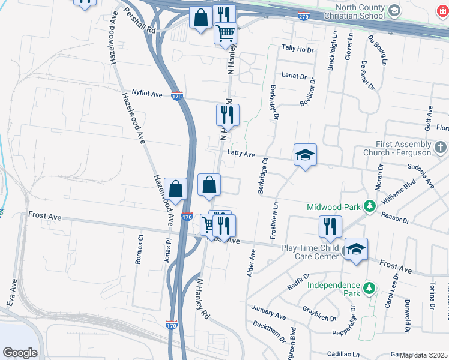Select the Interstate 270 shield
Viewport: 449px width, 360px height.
[x=303, y=16]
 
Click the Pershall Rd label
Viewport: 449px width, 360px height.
[x=140, y=20]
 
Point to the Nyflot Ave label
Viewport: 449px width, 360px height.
[x=148, y=94]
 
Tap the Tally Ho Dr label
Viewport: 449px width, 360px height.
[x=298, y=49]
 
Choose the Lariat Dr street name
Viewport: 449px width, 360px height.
[x=295, y=77]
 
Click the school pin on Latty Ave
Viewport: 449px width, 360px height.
[x=305, y=155]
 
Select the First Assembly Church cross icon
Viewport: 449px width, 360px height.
[x=439, y=147]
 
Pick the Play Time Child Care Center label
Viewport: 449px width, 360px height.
[x=310, y=252]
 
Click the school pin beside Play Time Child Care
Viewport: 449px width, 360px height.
[x=356, y=249]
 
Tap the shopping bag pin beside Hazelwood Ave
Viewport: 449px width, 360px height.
[x=176, y=190]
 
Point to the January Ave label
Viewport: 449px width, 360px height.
[x=268, y=313]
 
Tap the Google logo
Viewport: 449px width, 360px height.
[x=20, y=353]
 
